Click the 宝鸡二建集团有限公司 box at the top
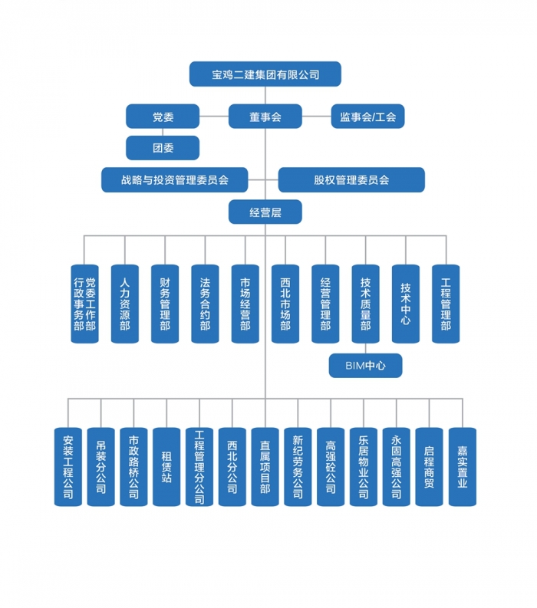click(x=265, y=74)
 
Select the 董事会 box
click(x=265, y=117)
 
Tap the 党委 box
click(x=163, y=117)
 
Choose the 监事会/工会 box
click(x=367, y=117)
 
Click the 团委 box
click(x=163, y=147)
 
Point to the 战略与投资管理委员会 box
click(x=175, y=179)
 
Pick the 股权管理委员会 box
click(x=351, y=179)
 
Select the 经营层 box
click(x=265, y=212)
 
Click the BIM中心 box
click(x=365, y=366)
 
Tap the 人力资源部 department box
click(x=125, y=304)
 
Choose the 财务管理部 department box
click(x=165, y=304)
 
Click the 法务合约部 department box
click(x=205, y=304)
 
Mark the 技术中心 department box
click(x=405, y=304)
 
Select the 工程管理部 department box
click(x=446, y=304)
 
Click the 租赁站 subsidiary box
click(x=166, y=466)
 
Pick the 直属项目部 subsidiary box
click(x=265, y=466)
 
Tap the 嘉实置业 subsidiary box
click(x=463, y=466)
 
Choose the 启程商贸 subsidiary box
click(x=430, y=466)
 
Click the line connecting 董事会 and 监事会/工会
click(x=316, y=117)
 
